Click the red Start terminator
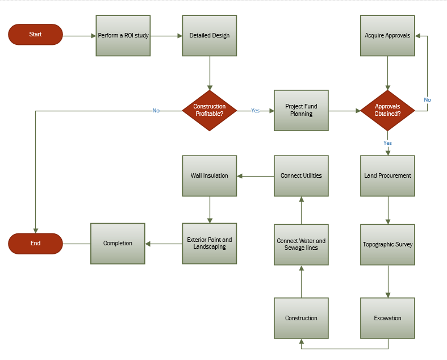click(35, 35)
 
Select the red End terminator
click(35, 244)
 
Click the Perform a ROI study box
click(123, 35)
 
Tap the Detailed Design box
click(210, 35)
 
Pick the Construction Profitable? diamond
click(210, 111)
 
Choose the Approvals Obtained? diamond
click(388, 111)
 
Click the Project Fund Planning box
click(301, 111)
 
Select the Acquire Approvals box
click(388, 35)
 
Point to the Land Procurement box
click(388, 175)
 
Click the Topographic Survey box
click(388, 244)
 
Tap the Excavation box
click(388, 318)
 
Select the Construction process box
click(301, 318)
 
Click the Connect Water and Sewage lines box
click(301, 244)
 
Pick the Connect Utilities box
click(301, 175)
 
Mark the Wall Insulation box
click(210, 175)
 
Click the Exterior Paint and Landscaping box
click(210, 244)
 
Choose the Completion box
click(118, 244)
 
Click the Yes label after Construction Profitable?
click(256, 111)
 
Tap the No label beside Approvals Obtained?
click(427, 100)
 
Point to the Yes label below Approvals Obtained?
click(388, 143)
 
